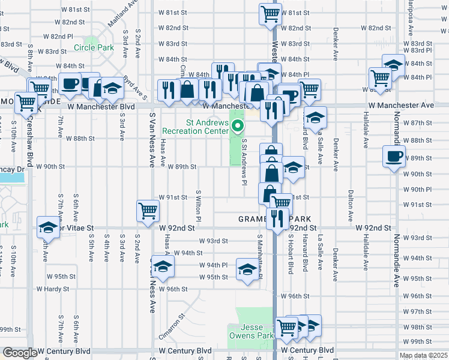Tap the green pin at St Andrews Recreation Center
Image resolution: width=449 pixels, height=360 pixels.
click(238, 126)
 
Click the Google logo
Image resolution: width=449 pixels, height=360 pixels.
click(20, 353)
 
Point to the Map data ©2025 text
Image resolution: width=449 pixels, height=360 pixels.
click(424, 355)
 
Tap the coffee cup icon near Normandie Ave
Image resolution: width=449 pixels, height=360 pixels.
click(394, 157)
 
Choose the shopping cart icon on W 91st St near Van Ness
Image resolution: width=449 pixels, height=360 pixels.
click(148, 210)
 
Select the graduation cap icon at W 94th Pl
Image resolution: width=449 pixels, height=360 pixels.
click(162, 266)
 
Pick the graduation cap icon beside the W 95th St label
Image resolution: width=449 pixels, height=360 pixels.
click(247, 268)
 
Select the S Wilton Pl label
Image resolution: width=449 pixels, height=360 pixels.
click(198, 205)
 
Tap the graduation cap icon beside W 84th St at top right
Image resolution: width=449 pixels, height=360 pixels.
click(393, 64)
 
